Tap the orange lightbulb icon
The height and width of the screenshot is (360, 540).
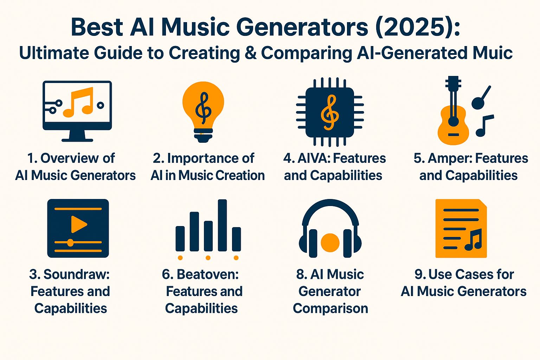point(203,105)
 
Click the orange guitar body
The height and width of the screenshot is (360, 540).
point(453,128)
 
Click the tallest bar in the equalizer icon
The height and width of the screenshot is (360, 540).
point(222,225)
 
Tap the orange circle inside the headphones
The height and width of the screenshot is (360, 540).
point(330,242)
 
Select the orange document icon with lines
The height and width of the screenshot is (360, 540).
point(461,229)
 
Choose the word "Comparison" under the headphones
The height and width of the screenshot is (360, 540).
point(330,308)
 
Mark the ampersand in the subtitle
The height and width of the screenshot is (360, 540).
point(250,53)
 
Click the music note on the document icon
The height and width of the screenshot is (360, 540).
point(473,240)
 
